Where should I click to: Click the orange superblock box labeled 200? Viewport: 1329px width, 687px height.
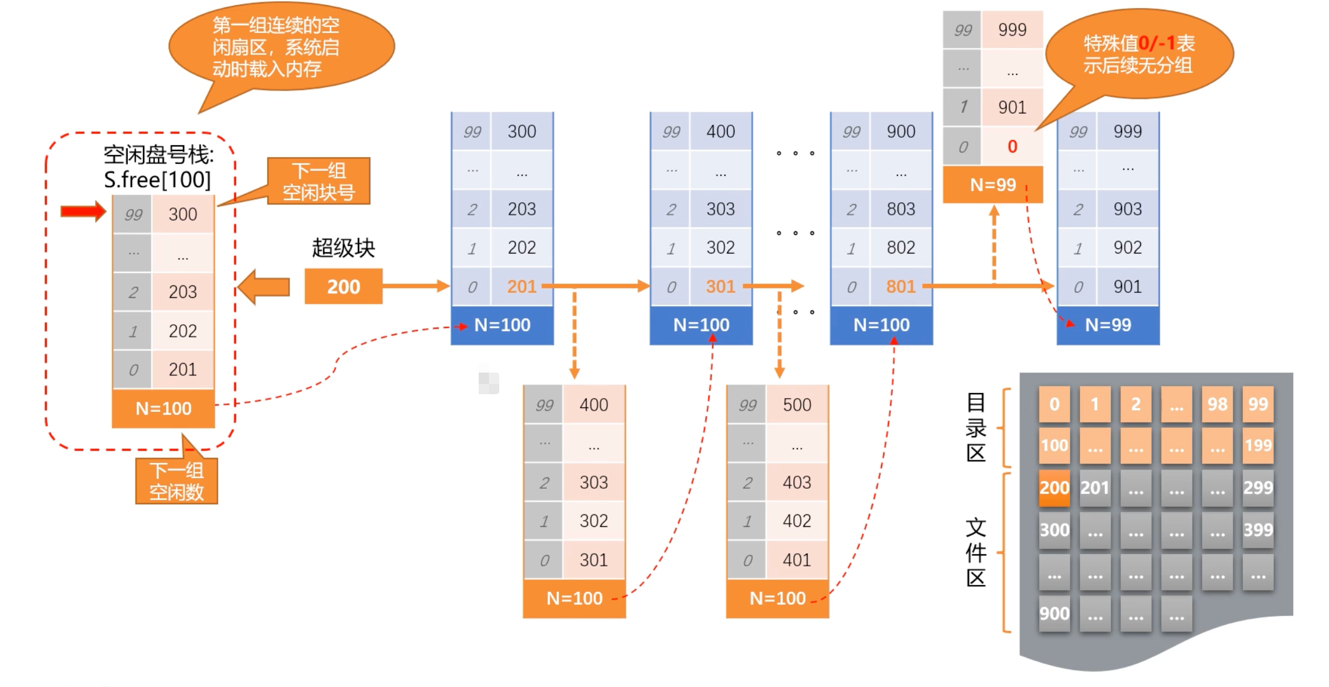[343, 287]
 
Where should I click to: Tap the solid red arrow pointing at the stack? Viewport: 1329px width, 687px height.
[83, 211]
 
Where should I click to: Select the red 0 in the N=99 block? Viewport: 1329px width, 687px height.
[1012, 146]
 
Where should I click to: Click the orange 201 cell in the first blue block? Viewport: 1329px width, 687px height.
[521, 287]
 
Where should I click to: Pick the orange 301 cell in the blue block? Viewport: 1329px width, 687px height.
[720, 287]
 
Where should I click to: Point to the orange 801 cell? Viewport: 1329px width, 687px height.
[900, 287]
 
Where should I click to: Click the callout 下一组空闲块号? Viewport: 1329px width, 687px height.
[319, 181]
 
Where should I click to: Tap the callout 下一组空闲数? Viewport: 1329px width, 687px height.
[177, 481]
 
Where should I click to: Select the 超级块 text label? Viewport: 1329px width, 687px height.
[343, 248]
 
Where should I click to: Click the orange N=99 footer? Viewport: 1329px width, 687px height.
[993, 185]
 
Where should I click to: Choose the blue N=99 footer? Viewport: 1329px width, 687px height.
[1108, 325]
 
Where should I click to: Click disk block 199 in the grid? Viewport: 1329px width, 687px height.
[1258, 445]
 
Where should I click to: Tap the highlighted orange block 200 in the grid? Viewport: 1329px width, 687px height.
[1054, 488]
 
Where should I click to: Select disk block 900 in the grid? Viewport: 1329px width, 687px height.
[1054, 614]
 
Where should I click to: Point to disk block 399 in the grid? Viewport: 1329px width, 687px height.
[1258, 530]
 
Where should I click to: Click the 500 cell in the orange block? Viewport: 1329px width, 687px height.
[797, 405]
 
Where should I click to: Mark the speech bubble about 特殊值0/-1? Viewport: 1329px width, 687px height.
[1139, 54]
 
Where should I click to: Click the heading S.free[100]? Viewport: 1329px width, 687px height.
[157, 180]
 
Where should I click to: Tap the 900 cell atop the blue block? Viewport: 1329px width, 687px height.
[900, 132]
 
